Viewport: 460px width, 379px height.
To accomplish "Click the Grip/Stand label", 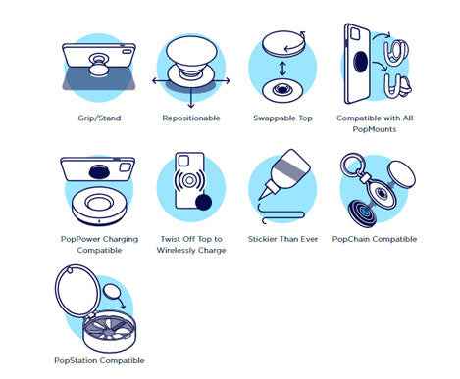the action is pyautogui.click(x=99, y=118).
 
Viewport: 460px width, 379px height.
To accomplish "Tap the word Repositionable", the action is pyautogui.click(x=191, y=118).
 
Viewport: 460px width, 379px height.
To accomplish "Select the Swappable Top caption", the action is pyautogui.click(x=282, y=118).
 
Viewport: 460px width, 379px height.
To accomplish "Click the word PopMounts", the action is pyautogui.click(x=375, y=129).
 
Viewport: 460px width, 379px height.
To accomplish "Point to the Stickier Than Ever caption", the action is pyautogui.click(x=282, y=239).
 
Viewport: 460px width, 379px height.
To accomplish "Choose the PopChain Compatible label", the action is pyautogui.click(x=375, y=239).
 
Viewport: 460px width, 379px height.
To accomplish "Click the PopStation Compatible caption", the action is pyautogui.click(x=99, y=360).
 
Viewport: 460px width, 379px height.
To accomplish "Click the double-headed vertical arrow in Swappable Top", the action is pyautogui.click(x=282, y=70).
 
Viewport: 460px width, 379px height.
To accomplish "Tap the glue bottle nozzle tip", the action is pyautogui.click(x=261, y=198).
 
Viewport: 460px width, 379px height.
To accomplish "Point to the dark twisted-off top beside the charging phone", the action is pyautogui.click(x=203, y=202).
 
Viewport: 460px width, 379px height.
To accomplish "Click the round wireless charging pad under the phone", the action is pyautogui.click(x=99, y=205).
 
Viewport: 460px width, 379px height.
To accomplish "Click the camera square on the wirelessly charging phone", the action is pyautogui.click(x=182, y=161).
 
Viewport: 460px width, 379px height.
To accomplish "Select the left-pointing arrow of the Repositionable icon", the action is pyautogui.click(x=160, y=81).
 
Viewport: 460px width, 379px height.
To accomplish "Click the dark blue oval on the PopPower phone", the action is pyautogui.click(x=100, y=171).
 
